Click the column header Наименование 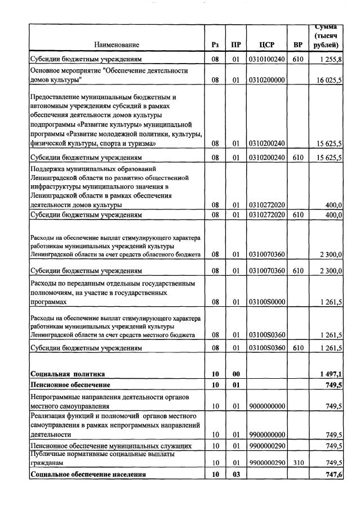(x=117, y=44)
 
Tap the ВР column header (x=297, y=44)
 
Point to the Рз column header (x=215, y=44)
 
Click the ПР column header (x=236, y=44)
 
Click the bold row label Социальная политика (x=68, y=374)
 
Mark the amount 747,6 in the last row (x=333, y=474)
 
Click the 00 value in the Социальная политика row (x=236, y=374)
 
